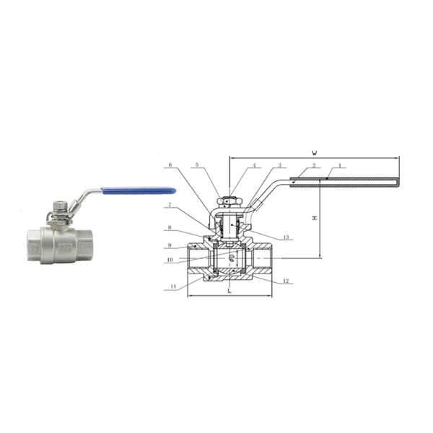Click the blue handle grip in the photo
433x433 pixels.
pos(139,191)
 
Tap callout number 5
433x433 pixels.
pos(196,166)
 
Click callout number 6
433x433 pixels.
pos(170,166)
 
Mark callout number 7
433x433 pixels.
pos(170,205)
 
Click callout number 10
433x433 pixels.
pos(170,259)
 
